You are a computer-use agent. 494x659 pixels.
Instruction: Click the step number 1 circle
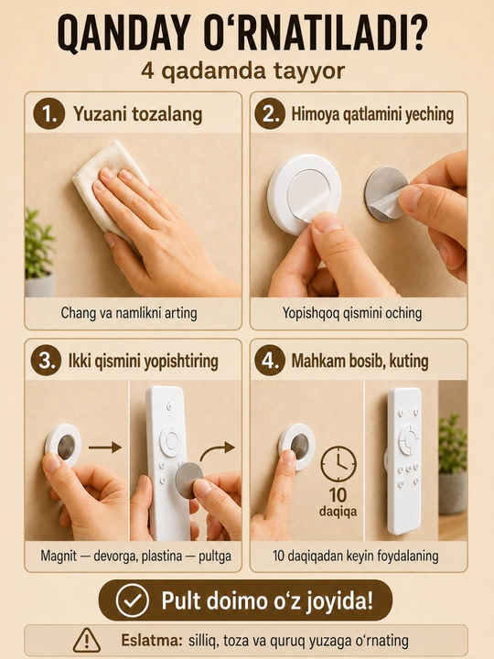click(49, 113)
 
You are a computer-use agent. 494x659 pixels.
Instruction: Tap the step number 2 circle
click(270, 113)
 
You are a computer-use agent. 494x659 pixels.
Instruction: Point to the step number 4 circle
click(270, 361)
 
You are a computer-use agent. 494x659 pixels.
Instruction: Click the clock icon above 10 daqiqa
click(338, 463)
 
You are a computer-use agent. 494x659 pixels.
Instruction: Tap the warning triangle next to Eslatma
click(87, 641)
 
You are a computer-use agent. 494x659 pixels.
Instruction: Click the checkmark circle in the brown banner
click(133, 601)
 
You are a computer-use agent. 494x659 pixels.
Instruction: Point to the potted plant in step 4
click(453, 463)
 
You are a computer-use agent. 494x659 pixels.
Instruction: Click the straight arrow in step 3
click(104, 448)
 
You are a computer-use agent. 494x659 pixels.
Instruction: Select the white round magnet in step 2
click(304, 194)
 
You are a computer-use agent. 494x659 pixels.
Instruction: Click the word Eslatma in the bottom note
click(151, 641)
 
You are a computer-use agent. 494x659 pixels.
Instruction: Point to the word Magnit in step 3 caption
click(59, 556)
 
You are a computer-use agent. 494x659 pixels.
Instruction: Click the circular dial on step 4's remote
click(408, 439)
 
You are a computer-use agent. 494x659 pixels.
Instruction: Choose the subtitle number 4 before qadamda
click(148, 71)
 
